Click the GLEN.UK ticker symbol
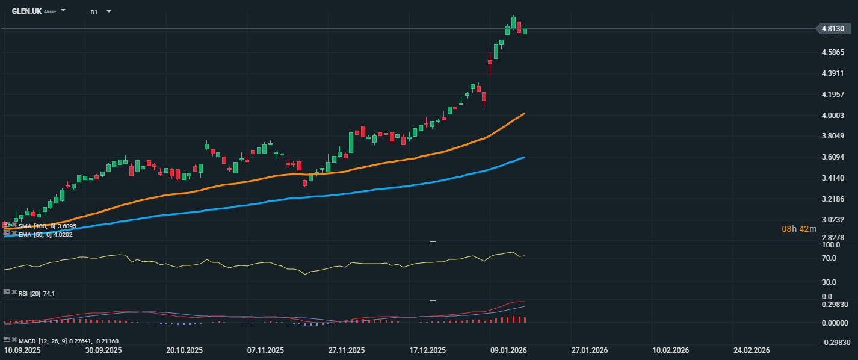pyautogui.click(x=26, y=11)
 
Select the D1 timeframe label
pyautogui.click(x=94, y=12)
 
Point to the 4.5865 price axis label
pyautogui.click(x=833, y=52)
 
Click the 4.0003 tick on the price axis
pyautogui.click(x=833, y=116)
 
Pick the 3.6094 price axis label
pyautogui.click(x=833, y=157)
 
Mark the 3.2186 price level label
pyautogui.click(x=833, y=199)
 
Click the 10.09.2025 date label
pyautogui.click(x=22, y=350)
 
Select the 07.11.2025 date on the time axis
pyautogui.click(x=265, y=350)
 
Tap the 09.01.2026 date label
pyautogui.click(x=508, y=350)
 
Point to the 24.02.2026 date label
pyautogui.click(x=752, y=350)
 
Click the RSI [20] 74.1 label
pyautogui.click(x=37, y=293)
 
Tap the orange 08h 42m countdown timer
pyautogui.click(x=799, y=229)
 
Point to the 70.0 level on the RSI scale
pyautogui.click(x=830, y=258)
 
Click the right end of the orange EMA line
pyautogui.click(x=524, y=113)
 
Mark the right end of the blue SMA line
pyautogui.click(x=524, y=157)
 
